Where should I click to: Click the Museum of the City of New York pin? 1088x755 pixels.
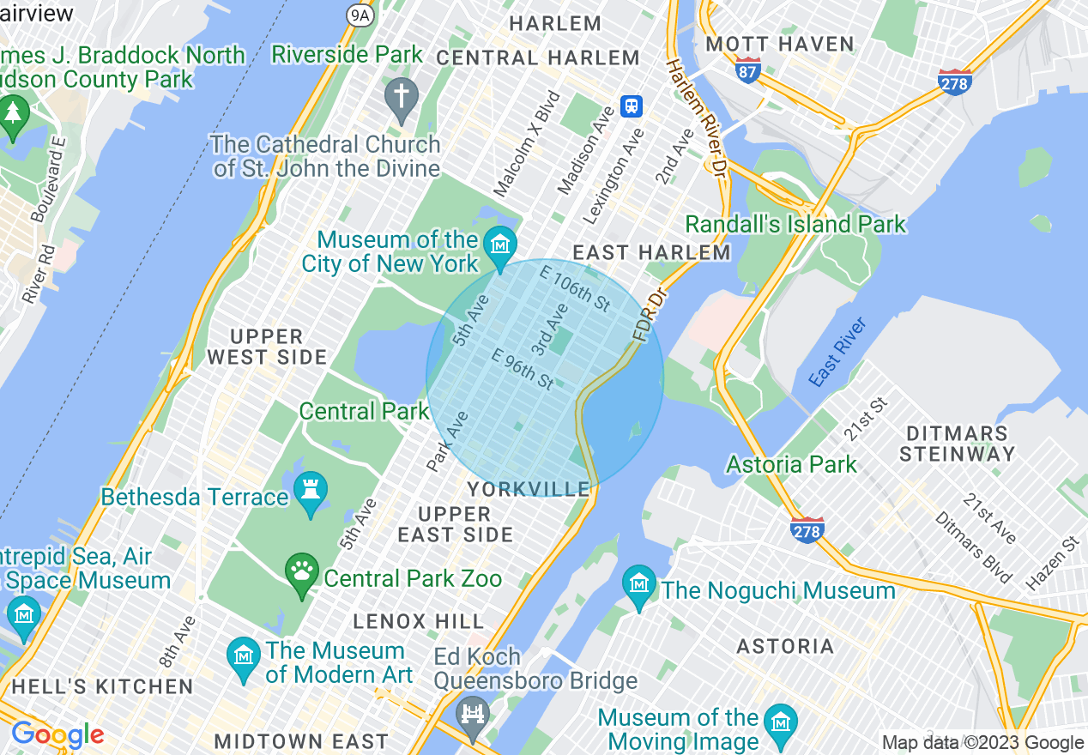click(x=499, y=244)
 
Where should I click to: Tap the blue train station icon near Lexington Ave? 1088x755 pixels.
click(x=632, y=106)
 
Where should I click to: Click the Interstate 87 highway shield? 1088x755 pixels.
click(x=748, y=70)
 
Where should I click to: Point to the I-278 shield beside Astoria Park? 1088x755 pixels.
click(x=807, y=530)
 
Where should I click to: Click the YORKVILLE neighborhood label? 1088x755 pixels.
click(x=529, y=489)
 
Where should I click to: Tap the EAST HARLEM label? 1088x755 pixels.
click(x=651, y=252)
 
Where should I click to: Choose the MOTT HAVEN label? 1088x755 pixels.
click(x=779, y=44)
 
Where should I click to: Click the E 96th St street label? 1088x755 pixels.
click(x=523, y=368)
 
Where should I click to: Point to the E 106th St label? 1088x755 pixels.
click(x=574, y=288)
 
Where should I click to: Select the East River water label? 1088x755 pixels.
click(x=838, y=351)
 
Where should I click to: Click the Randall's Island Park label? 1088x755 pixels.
click(x=795, y=225)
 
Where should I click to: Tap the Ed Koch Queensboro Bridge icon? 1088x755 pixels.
click(x=472, y=714)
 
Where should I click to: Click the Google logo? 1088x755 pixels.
click(x=57, y=735)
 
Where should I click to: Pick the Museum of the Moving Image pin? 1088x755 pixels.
click(x=780, y=720)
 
